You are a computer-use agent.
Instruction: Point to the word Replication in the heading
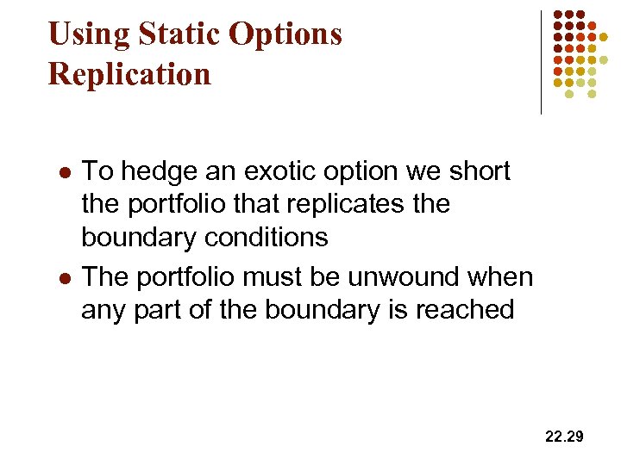click(x=129, y=74)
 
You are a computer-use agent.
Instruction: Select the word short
click(x=477, y=171)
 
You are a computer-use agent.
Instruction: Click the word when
click(x=502, y=276)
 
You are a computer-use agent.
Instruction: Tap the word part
click(x=158, y=309)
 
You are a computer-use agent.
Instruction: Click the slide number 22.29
click(x=564, y=437)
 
